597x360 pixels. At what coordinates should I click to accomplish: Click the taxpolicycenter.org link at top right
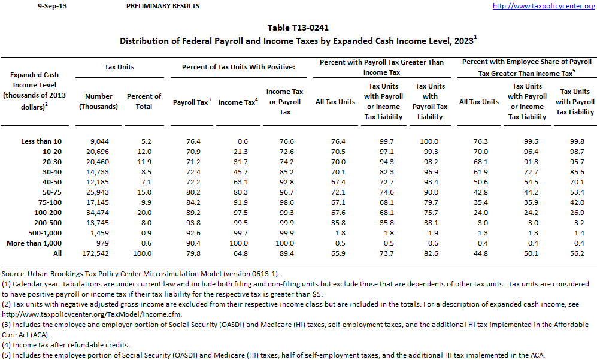click(x=544, y=7)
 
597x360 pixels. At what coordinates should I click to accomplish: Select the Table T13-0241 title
click(x=298, y=28)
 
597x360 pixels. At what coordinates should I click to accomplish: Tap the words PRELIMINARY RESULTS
click(x=163, y=7)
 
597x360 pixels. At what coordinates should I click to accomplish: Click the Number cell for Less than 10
click(x=99, y=141)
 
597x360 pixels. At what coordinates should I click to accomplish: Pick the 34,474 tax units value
click(x=99, y=212)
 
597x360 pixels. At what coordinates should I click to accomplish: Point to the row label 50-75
click(x=50, y=192)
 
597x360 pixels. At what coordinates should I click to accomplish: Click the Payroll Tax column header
click(x=192, y=102)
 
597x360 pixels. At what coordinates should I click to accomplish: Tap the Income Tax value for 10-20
click(x=238, y=152)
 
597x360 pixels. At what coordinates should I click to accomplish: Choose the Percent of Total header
click(x=144, y=101)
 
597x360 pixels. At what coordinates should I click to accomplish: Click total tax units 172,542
click(x=99, y=253)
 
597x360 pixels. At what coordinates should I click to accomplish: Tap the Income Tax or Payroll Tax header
click(x=285, y=102)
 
